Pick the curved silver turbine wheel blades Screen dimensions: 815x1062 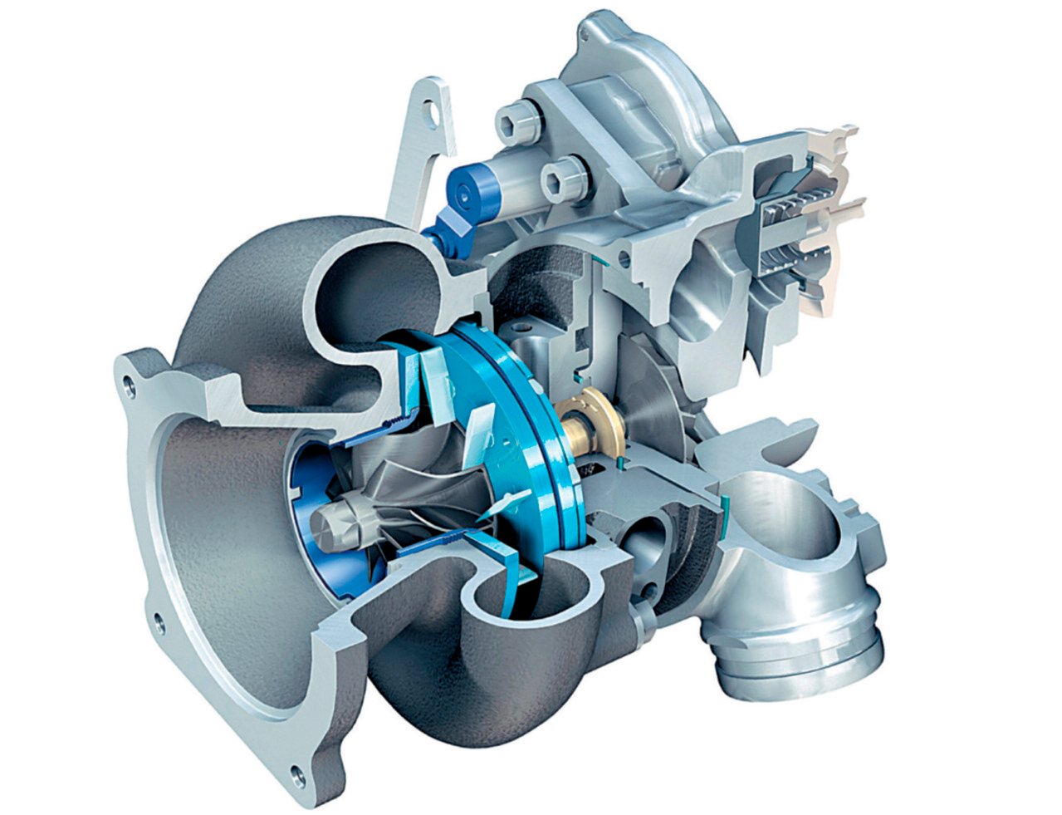point(415,498)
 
